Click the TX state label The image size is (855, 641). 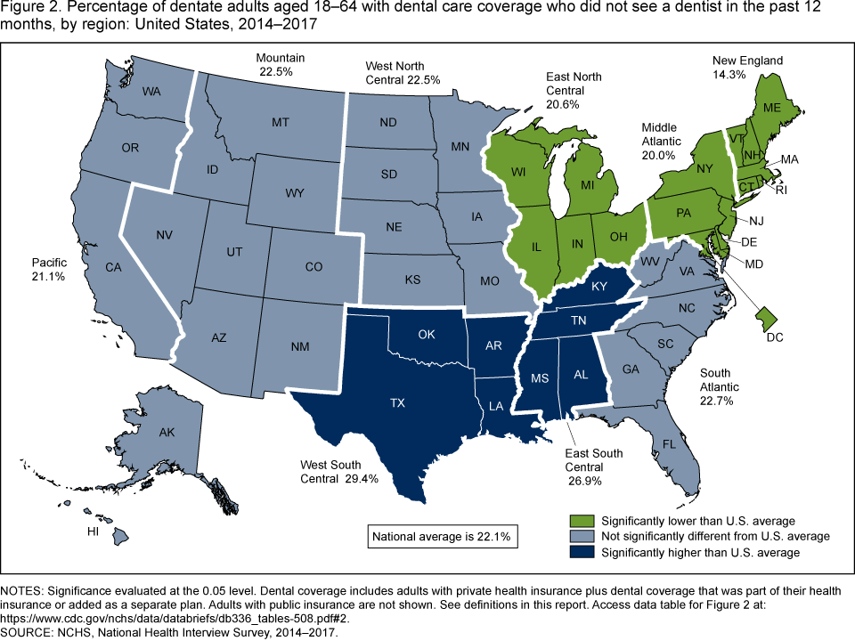397,402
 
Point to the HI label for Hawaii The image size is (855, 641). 93,531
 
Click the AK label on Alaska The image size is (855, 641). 167,433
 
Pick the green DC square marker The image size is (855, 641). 765,314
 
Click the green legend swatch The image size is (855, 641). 583,520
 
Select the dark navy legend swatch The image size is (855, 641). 583,553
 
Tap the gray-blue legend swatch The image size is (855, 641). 583,537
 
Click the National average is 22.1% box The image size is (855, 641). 440,537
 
